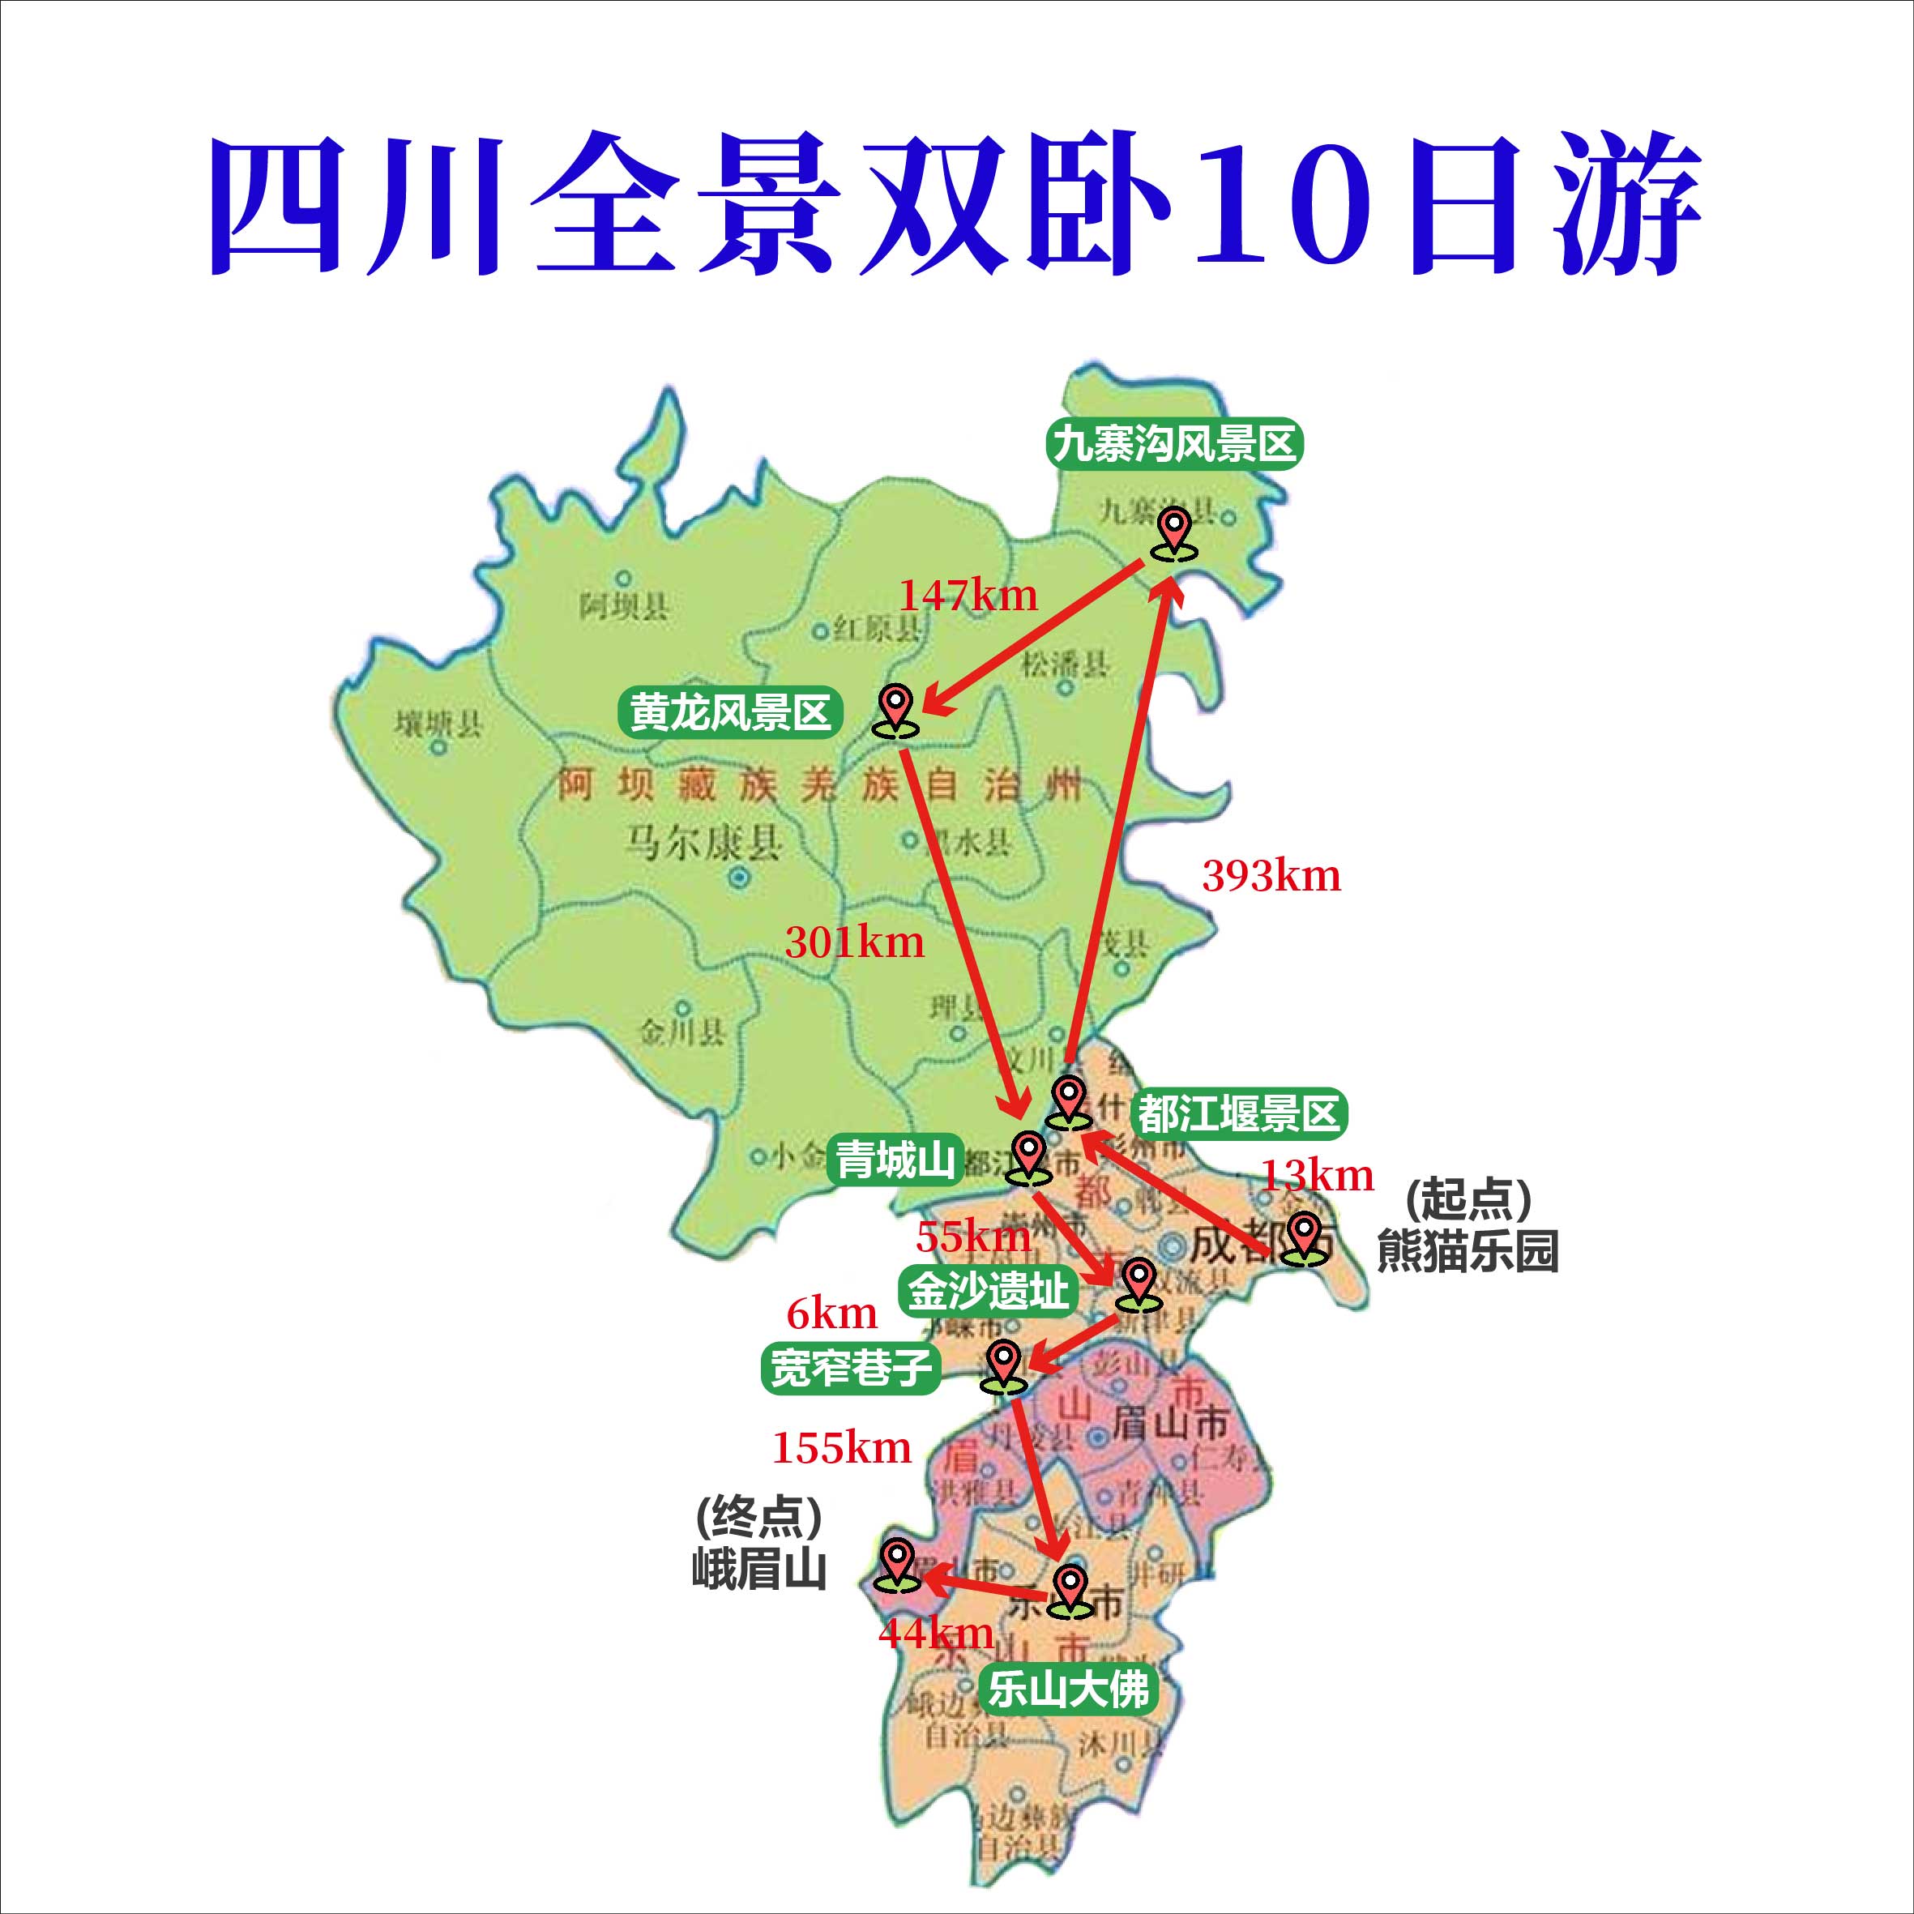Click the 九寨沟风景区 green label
[x=1174, y=444]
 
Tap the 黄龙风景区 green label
[x=730, y=712]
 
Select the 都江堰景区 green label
[x=1238, y=1113]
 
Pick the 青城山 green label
[x=895, y=1159]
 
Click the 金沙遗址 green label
[x=989, y=1291]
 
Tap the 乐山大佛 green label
[x=1068, y=1689]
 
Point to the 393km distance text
[x=1271, y=876]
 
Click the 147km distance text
[x=968, y=596]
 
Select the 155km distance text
[x=842, y=1448]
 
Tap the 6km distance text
[x=832, y=1314]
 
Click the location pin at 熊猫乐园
[x=1304, y=1238]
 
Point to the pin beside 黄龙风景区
[x=895, y=711]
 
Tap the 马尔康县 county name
[x=704, y=843]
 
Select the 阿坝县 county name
[x=624, y=606]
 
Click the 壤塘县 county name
[x=439, y=724]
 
